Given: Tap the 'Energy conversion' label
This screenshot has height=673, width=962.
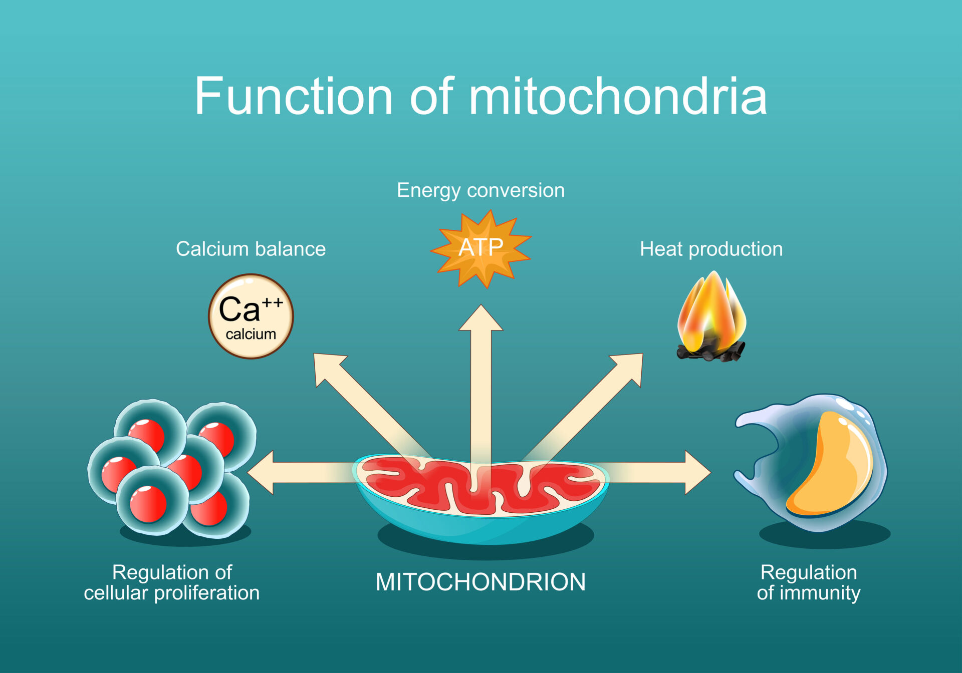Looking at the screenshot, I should (x=480, y=190).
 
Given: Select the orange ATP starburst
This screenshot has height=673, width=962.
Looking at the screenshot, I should (x=480, y=248).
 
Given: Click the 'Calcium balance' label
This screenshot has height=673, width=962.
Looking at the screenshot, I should (x=251, y=249).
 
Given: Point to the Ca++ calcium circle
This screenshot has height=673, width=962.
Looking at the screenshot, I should (x=251, y=315).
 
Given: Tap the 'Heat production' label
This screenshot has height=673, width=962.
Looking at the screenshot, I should (x=711, y=249).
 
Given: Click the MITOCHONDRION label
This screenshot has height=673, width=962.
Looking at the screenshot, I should (x=480, y=582).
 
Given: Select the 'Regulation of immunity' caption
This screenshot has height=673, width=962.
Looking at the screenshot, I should (x=808, y=582).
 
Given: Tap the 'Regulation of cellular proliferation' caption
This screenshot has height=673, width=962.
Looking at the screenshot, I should (x=171, y=582).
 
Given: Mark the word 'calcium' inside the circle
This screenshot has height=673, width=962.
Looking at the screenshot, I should (x=251, y=334).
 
